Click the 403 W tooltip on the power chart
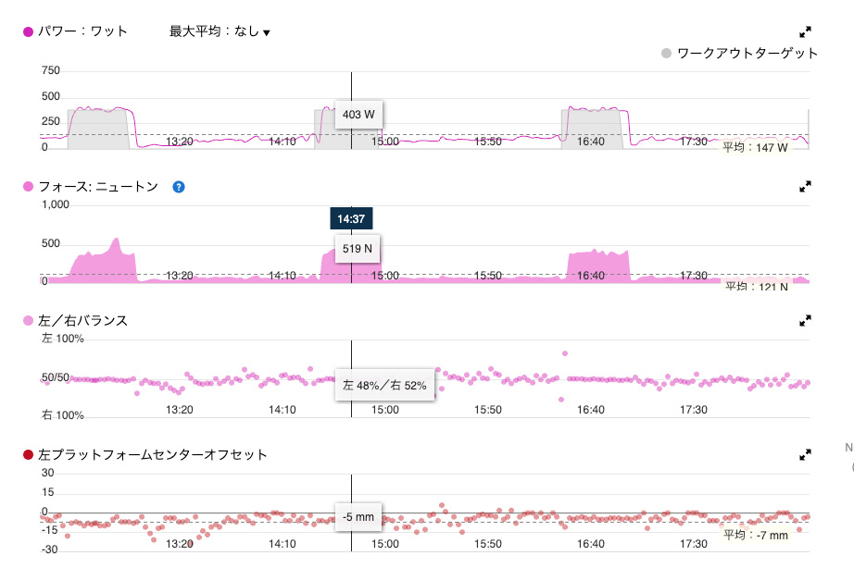tap(358, 115)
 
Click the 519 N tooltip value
tap(358, 249)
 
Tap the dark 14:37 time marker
tap(351, 218)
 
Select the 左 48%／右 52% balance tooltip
tap(384, 385)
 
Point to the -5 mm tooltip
tap(358, 517)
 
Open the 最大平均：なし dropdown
tap(220, 31)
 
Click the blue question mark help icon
tap(179, 187)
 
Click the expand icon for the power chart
tap(805, 31)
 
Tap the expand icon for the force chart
tap(805, 187)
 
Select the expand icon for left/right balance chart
tap(805, 321)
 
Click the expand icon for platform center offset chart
tap(805, 455)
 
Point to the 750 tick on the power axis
tap(50, 71)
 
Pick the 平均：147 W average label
tap(755, 147)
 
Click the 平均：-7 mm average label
tap(755, 535)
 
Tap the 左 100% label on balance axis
tap(62, 339)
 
